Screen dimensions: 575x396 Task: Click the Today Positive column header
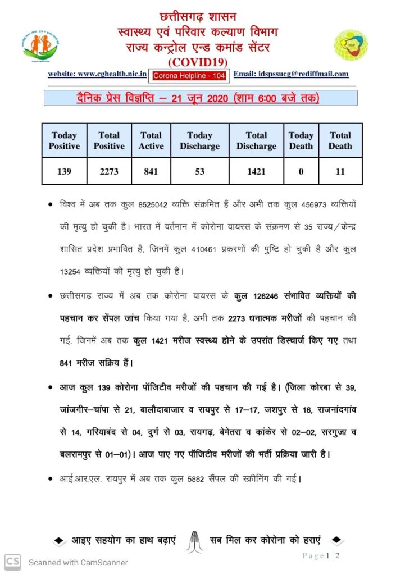point(64,140)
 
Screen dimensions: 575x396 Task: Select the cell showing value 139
point(64,171)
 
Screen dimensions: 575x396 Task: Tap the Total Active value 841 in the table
point(151,171)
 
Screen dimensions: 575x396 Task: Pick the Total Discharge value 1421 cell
point(256,171)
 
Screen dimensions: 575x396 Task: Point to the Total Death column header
point(340,140)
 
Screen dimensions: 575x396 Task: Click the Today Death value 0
point(301,171)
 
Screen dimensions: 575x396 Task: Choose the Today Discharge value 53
point(199,171)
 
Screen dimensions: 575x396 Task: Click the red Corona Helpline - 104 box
point(189,75)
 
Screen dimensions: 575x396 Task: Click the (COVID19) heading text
point(198,61)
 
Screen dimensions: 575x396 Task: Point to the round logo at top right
point(352,45)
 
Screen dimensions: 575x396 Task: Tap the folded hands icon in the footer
point(193,540)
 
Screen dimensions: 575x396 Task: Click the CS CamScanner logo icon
point(13,561)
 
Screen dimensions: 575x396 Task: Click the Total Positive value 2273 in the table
point(108,171)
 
